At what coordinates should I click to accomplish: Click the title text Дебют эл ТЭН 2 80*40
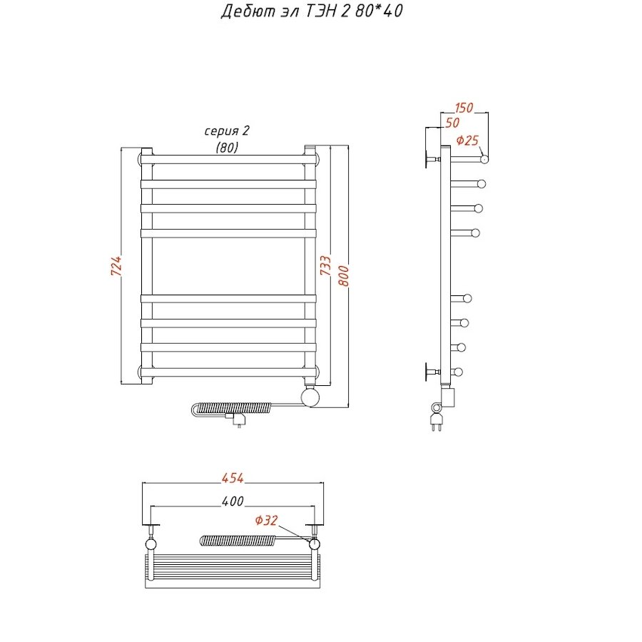click(312, 11)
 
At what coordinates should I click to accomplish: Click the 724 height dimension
click(117, 265)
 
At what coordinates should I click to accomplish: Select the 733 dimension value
click(325, 265)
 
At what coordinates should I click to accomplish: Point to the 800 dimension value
click(344, 275)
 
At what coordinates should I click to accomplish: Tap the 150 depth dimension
click(464, 108)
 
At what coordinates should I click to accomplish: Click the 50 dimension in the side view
click(452, 123)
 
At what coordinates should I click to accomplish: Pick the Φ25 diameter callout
click(467, 141)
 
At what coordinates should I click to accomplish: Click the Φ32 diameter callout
click(266, 521)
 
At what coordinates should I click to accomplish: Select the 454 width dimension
click(233, 478)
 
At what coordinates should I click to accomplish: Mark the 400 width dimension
click(233, 501)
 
